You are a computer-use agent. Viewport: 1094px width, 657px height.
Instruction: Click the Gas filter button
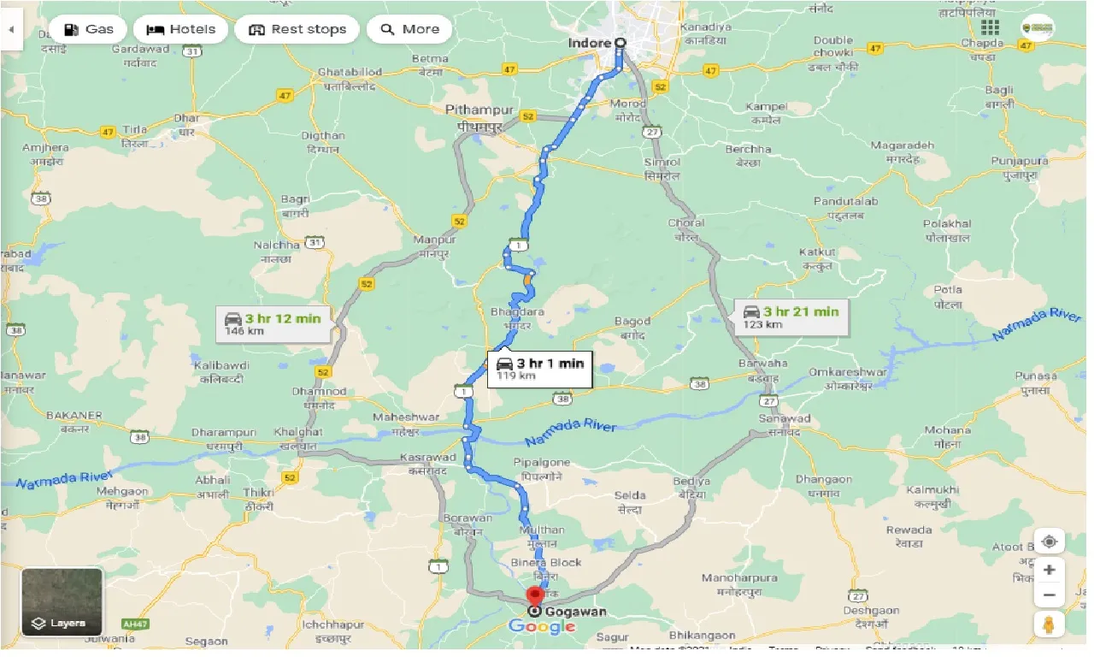[89, 29]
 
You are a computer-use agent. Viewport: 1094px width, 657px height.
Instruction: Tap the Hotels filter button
[180, 29]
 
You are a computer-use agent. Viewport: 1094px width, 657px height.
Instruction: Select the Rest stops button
[298, 29]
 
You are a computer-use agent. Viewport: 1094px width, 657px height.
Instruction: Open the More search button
[409, 29]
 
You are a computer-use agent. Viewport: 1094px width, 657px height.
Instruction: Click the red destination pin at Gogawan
[536, 596]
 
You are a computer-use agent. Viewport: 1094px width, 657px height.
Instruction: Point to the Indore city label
[590, 43]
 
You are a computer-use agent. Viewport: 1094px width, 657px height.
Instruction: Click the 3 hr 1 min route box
[539, 369]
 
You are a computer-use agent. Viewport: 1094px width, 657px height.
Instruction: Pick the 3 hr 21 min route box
[791, 317]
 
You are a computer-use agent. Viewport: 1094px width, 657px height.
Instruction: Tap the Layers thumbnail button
[62, 602]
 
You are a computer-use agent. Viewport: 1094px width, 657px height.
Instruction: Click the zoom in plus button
[1050, 570]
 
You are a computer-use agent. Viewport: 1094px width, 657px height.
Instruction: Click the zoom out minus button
[1050, 595]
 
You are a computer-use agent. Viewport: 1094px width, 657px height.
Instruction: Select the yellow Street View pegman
[1050, 624]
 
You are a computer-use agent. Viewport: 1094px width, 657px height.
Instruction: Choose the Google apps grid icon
[991, 28]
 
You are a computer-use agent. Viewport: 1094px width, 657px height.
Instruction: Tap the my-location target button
[1050, 542]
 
